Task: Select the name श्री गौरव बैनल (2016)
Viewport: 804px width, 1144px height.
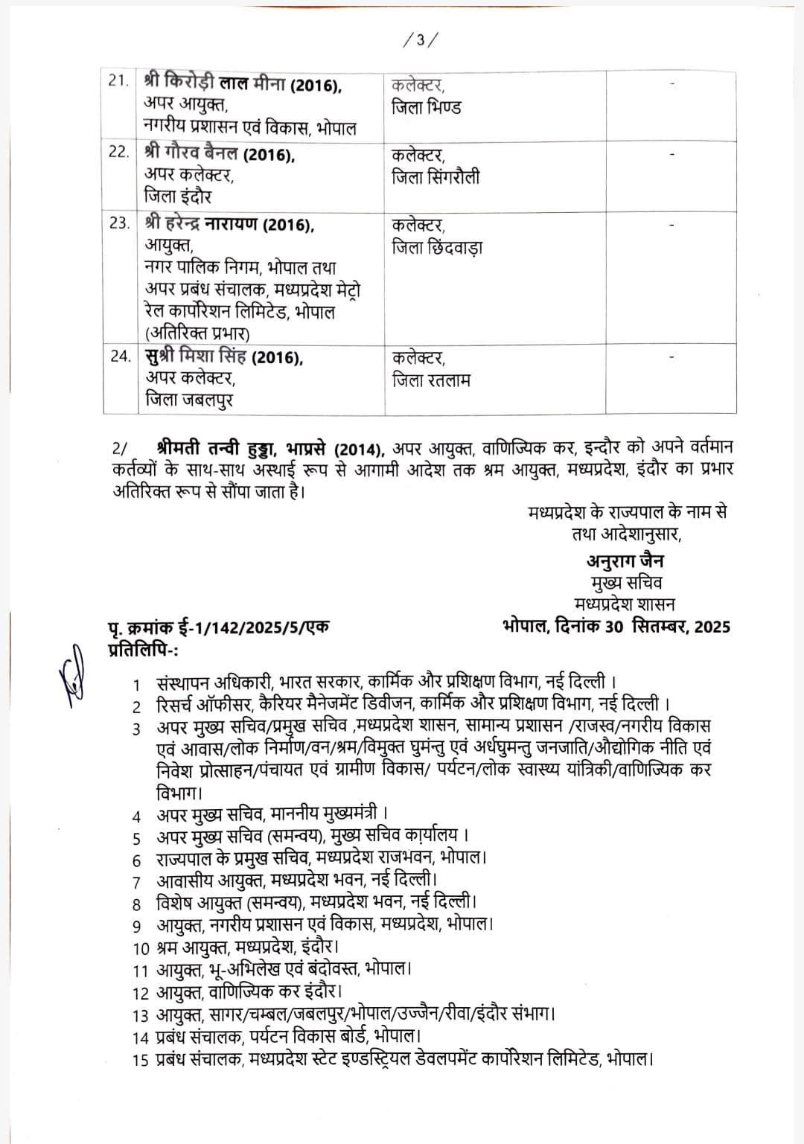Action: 220,155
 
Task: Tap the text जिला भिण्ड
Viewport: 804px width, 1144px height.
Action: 427,107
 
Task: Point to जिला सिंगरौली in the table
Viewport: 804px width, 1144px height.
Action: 435,177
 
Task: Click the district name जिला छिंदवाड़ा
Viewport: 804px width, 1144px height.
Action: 437,247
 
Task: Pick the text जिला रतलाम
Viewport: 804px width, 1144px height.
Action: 431,380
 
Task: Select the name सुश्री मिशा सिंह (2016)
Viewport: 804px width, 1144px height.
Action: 224,358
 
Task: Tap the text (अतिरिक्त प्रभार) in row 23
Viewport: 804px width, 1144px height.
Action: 197,333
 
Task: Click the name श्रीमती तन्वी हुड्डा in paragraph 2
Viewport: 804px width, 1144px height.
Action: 216,449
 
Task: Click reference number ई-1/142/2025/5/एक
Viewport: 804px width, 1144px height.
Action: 249,628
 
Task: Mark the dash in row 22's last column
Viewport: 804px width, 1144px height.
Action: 672,155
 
